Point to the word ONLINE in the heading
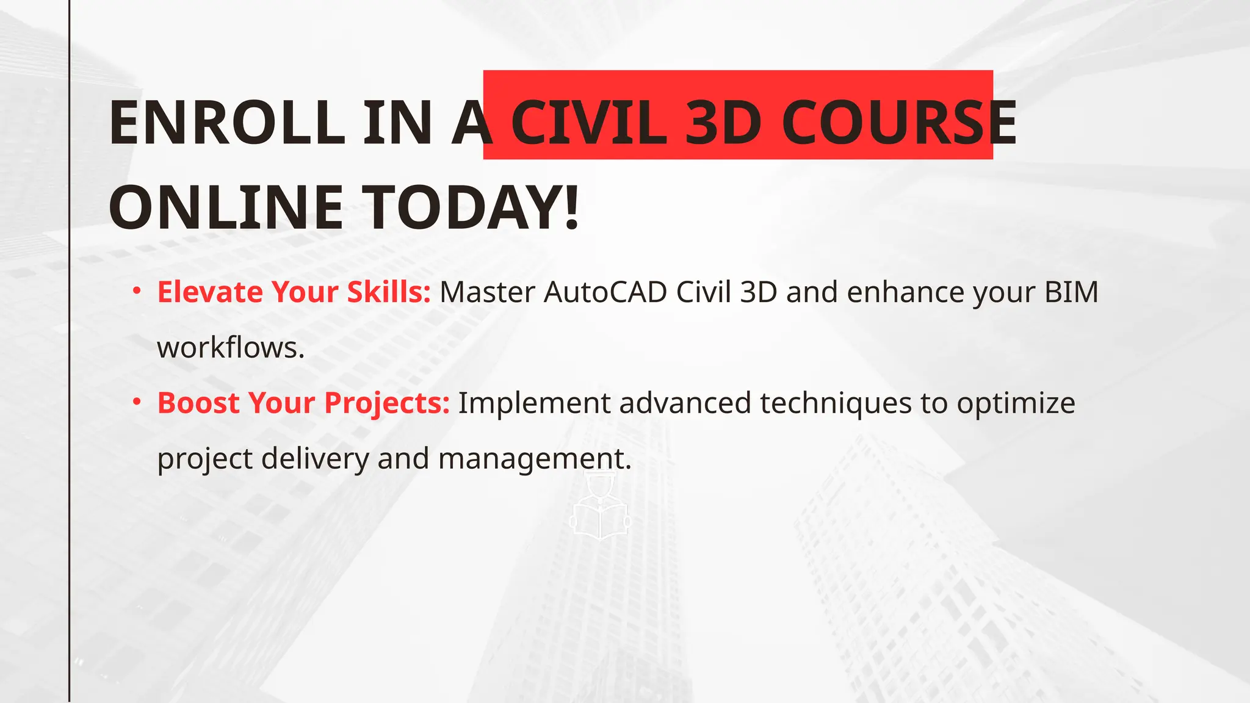pyautogui.click(x=226, y=207)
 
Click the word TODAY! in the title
pyautogui.click(x=471, y=207)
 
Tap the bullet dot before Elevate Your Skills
pyautogui.click(x=137, y=290)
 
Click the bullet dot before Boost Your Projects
pyautogui.click(x=137, y=402)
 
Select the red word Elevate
pyautogui.click(x=210, y=292)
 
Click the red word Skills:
pyautogui.click(x=389, y=292)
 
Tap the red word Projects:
pyautogui.click(x=386, y=404)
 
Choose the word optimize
pyautogui.click(x=1016, y=404)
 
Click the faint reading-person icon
pyautogui.click(x=600, y=507)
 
